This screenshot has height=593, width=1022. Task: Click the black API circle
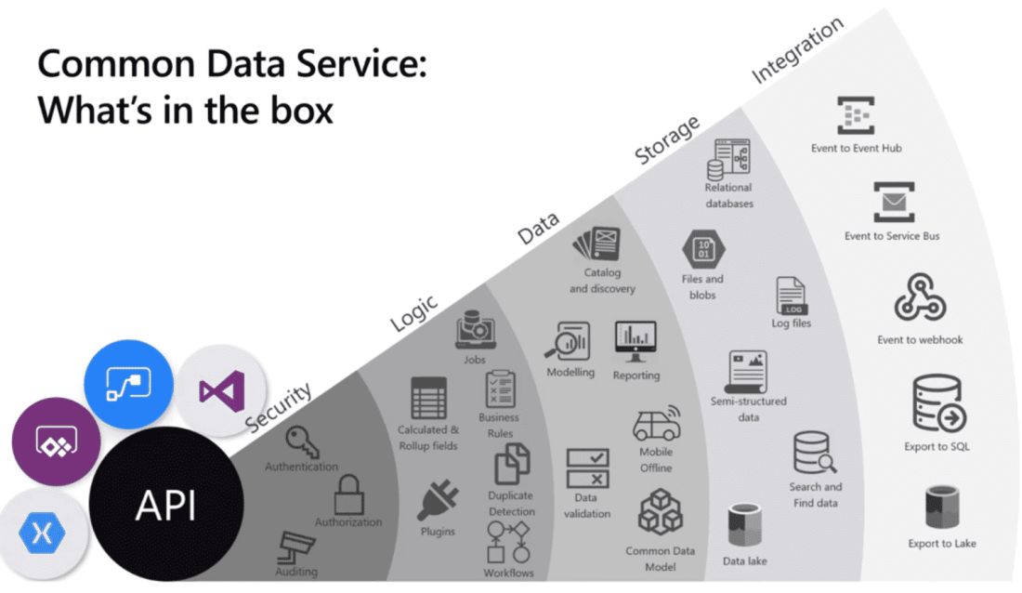[166, 506]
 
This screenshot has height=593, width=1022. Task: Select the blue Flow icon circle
[129, 384]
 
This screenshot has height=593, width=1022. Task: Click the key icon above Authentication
[302, 441]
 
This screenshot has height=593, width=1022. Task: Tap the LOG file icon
[791, 296]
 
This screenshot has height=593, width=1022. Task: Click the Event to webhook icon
[920, 298]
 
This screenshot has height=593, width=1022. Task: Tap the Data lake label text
[745, 561]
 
